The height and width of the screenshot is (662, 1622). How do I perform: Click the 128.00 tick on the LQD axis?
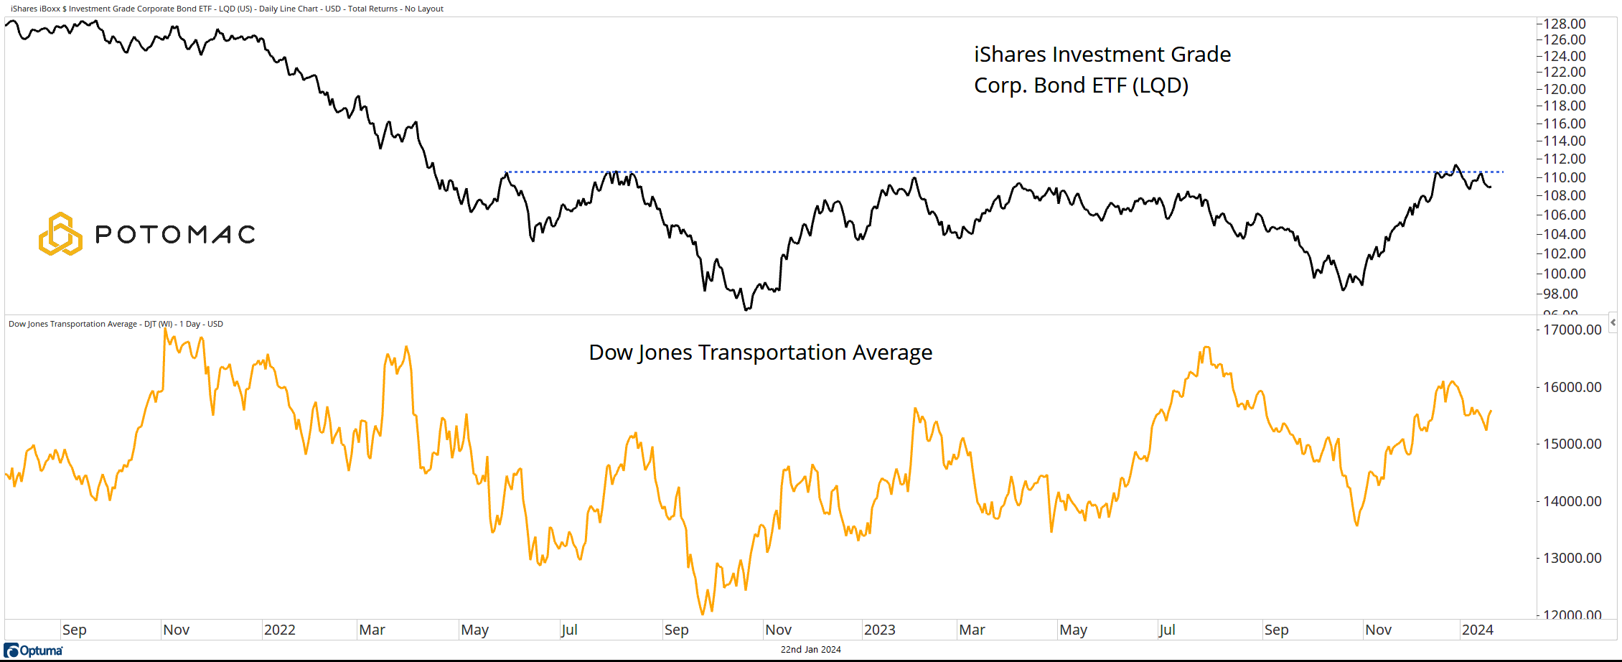coord(1564,24)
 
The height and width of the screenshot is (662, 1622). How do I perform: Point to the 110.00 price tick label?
coord(1564,177)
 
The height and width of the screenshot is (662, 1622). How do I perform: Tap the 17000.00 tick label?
coord(1572,330)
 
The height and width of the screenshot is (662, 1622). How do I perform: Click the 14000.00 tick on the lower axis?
coord(1572,501)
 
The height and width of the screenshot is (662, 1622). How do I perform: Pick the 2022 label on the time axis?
coord(279,630)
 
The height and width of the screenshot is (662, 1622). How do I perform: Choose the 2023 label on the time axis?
coord(879,630)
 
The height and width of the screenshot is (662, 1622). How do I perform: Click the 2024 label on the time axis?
coord(1477,630)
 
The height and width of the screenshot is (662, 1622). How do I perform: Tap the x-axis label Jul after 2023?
coord(1167,630)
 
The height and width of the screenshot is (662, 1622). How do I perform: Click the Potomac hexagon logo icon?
coord(60,234)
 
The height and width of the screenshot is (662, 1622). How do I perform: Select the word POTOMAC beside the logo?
coord(176,234)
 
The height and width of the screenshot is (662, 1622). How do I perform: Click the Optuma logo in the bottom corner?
coord(34,651)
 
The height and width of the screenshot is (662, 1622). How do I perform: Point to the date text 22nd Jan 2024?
coord(810,650)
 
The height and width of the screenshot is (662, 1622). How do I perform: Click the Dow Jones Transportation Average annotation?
coord(760,353)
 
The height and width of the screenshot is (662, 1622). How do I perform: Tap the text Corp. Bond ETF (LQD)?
coord(1081,85)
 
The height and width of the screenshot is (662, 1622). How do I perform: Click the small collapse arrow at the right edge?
coord(1613,322)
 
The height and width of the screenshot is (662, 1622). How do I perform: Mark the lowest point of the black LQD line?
coord(747,309)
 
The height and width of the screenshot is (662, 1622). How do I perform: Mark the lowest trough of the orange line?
coord(703,614)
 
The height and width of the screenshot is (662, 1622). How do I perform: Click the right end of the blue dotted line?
coord(1503,172)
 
